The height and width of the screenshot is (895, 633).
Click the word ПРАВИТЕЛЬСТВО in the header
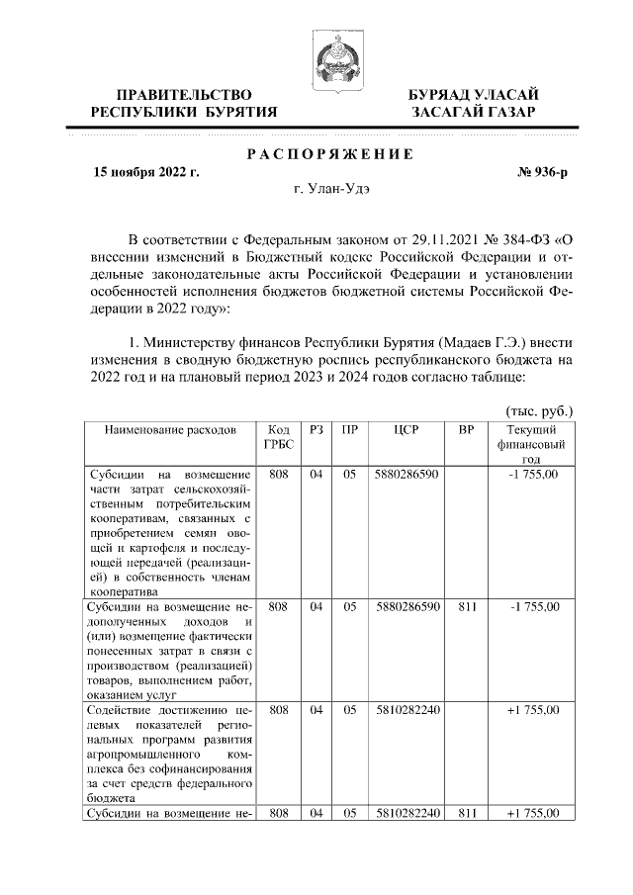coord(183,94)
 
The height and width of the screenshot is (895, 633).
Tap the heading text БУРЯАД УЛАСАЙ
coord(474,94)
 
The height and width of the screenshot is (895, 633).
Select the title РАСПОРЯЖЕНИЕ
coord(328,154)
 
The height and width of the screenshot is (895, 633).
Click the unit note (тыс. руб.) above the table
coord(539,410)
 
